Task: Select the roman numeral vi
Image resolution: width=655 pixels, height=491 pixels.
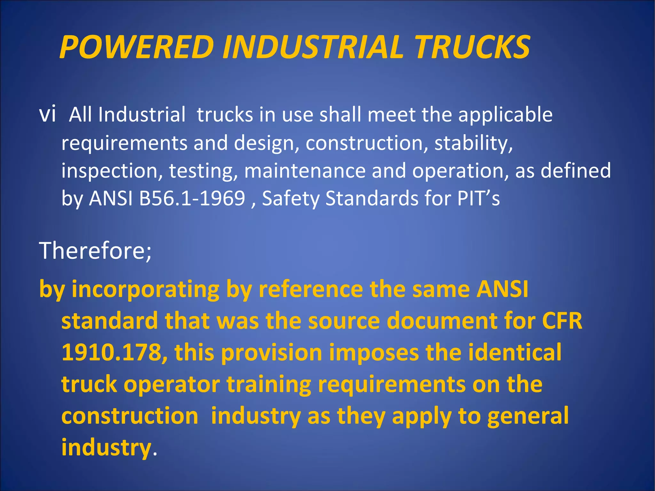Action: coord(47,114)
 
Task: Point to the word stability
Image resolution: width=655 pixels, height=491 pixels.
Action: coord(473,143)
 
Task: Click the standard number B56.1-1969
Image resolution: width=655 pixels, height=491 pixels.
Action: coord(192,198)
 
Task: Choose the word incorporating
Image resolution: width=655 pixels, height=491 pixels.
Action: coord(146,289)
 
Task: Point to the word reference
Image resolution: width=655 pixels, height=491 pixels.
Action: coord(311,289)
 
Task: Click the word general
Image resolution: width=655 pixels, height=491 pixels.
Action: coord(528,416)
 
